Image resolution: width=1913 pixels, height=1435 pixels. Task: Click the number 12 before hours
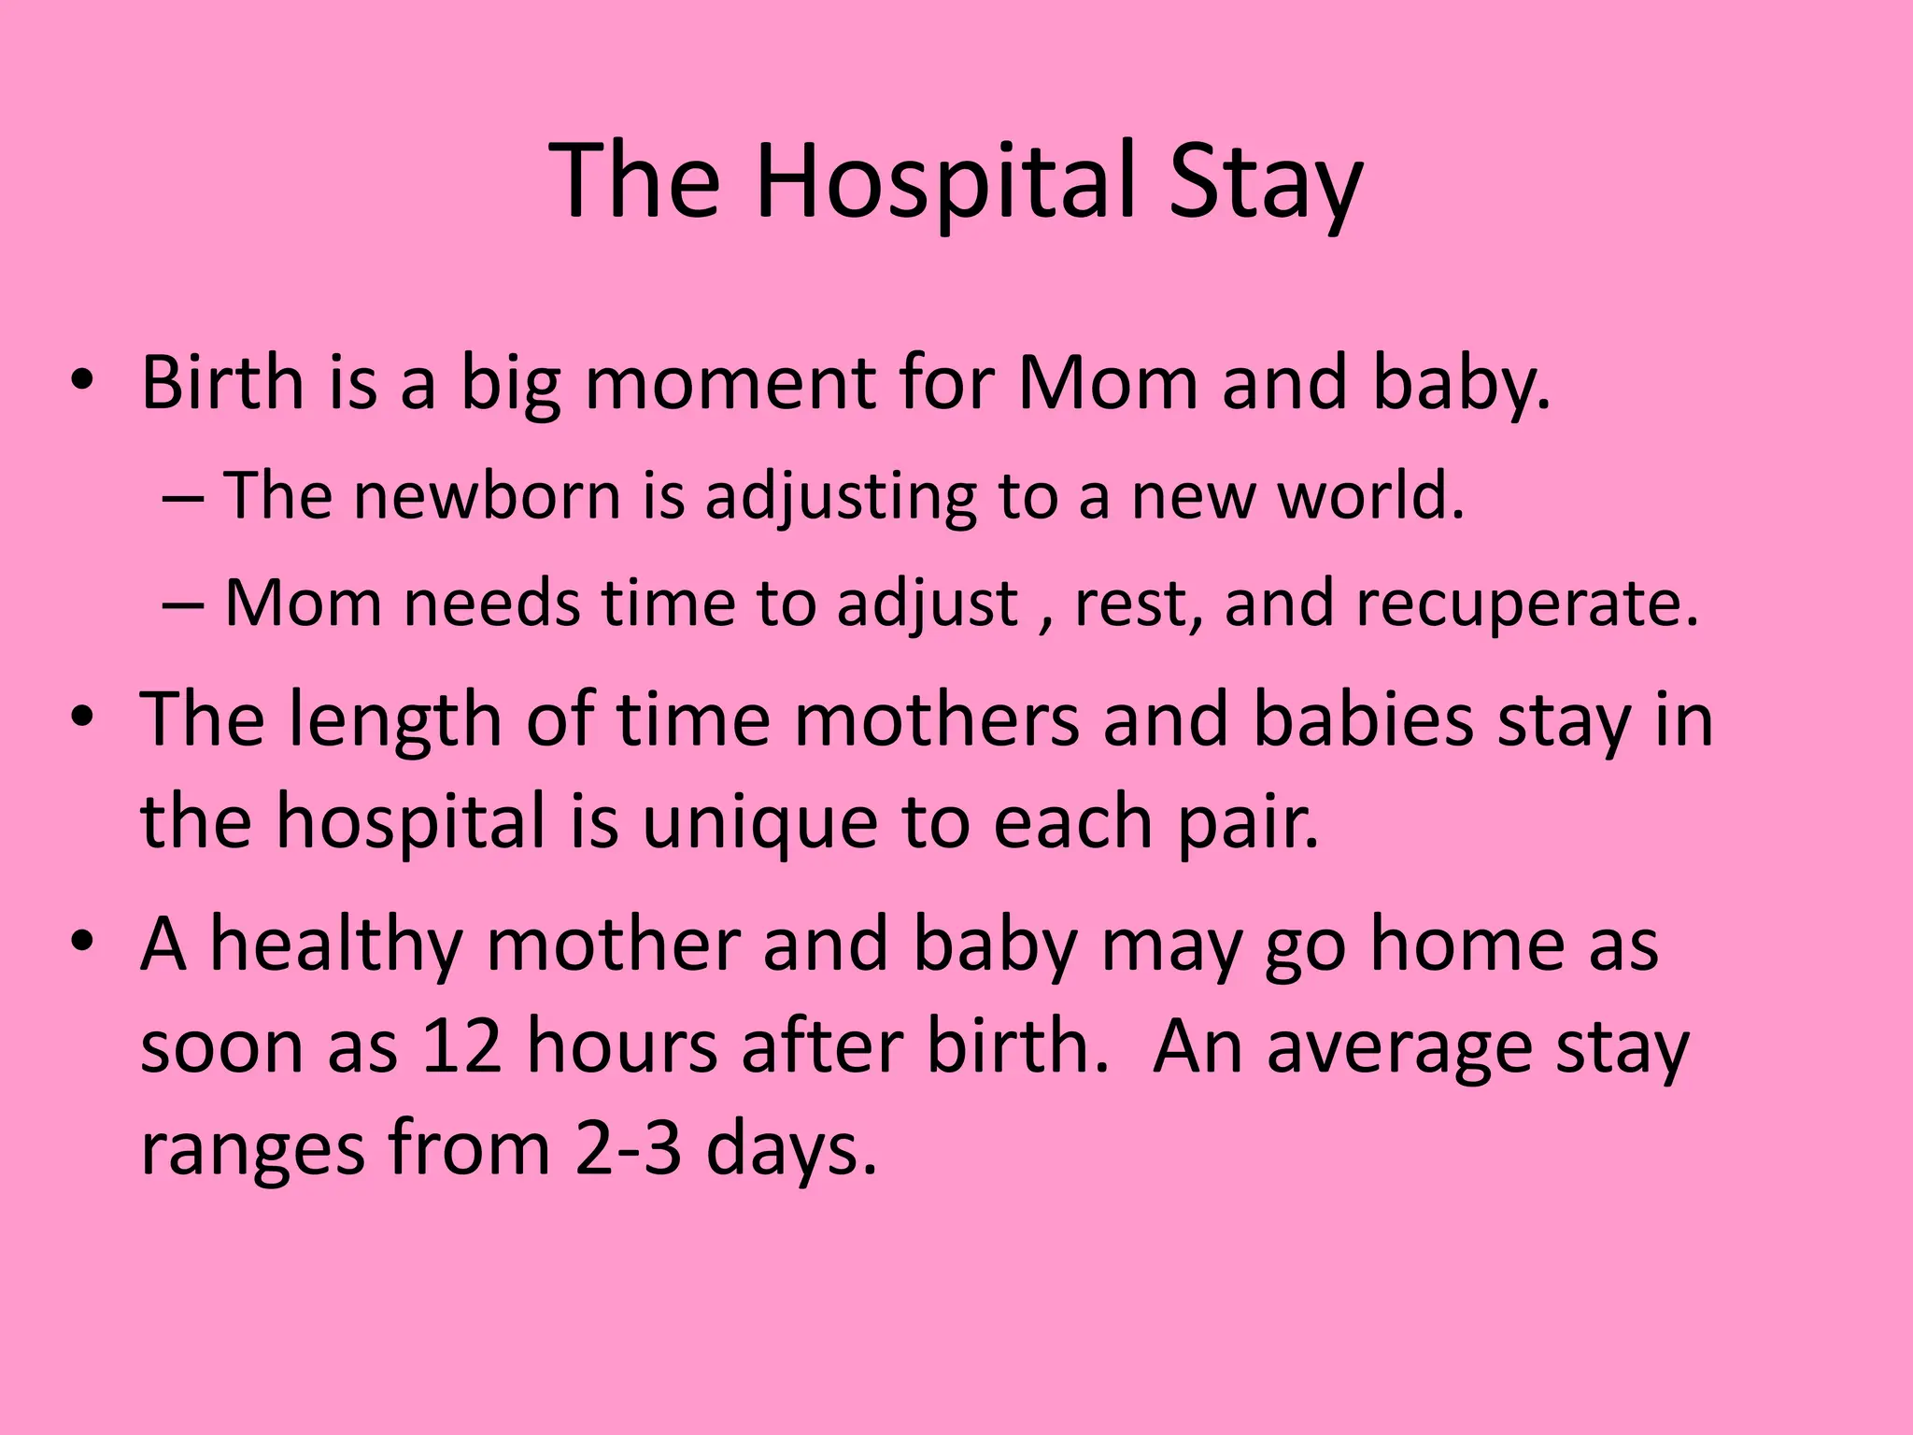(461, 1046)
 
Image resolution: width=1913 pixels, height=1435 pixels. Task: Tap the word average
(1399, 1046)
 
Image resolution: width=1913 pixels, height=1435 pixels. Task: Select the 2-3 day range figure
(629, 1148)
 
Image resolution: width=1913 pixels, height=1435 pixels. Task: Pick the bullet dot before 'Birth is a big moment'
(82, 382)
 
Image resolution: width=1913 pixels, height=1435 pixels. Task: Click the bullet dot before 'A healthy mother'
(82, 943)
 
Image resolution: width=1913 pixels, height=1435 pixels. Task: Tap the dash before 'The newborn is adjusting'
(182, 497)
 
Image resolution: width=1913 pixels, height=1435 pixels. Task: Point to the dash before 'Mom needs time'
(182, 604)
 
